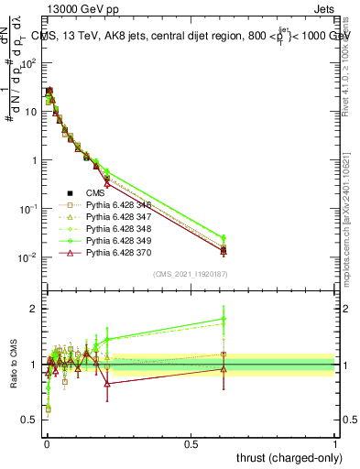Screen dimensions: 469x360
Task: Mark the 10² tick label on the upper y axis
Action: coord(27,63)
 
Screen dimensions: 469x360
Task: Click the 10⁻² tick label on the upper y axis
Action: coord(27,257)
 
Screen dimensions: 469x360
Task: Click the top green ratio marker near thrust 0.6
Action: coord(224,319)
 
